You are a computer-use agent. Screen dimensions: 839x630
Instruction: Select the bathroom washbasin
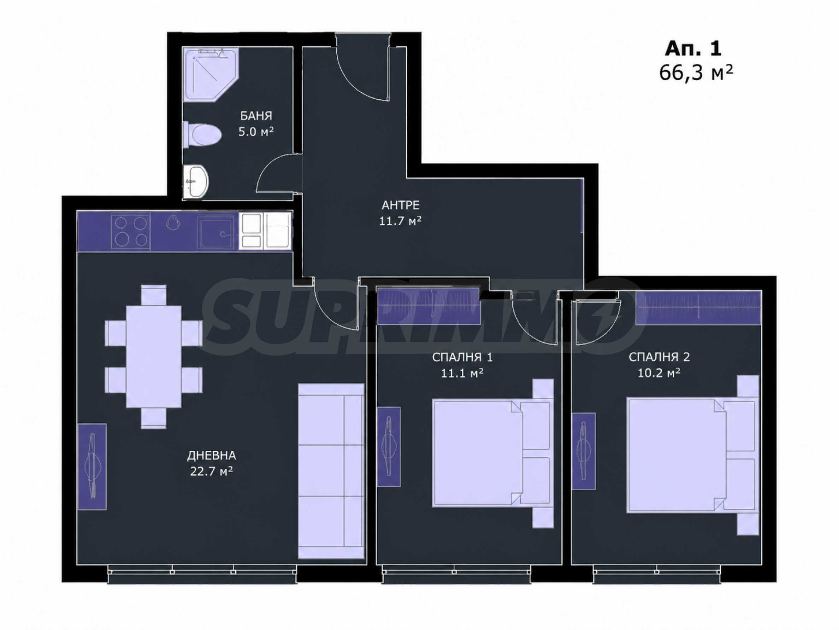coord(196,181)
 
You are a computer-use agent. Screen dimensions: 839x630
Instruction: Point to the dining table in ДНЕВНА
coord(154,357)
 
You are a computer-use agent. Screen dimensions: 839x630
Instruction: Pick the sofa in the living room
coord(331,471)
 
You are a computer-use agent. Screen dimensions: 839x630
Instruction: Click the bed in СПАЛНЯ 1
coord(493,453)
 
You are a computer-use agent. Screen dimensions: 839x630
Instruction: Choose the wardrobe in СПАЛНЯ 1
coord(429,306)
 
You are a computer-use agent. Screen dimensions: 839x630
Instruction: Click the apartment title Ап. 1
coord(693,48)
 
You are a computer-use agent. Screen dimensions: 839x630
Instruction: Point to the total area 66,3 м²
coord(696,73)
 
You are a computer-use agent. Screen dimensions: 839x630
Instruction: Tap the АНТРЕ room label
coord(401,206)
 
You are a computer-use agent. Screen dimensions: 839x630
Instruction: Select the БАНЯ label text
coord(256,116)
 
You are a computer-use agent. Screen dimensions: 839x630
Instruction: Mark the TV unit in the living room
coord(92,467)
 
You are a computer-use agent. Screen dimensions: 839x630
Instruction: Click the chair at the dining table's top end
coord(154,295)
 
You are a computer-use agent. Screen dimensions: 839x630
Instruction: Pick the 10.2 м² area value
coord(659,373)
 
